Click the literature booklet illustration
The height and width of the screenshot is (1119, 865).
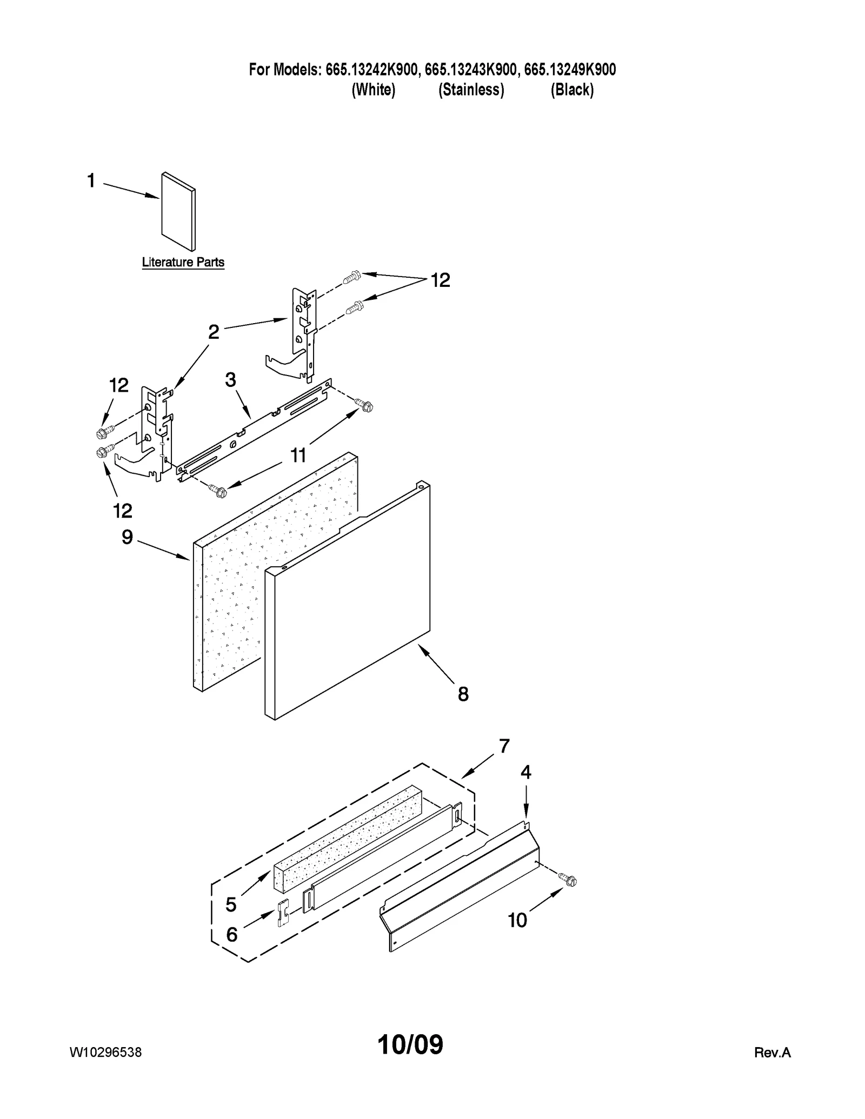[x=178, y=211]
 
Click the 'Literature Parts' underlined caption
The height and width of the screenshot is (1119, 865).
[x=183, y=262]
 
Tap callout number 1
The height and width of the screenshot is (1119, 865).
[x=91, y=180]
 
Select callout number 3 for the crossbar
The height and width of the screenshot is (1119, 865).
[x=230, y=380]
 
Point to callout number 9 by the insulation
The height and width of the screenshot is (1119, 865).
[x=127, y=537]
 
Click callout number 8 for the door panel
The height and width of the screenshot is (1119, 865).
[x=463, y=694]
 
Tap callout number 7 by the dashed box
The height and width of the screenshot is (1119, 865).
[x=504, y=746]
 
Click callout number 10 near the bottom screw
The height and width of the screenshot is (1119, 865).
[x=517, y=920]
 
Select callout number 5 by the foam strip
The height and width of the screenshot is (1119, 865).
[x=231, y=904]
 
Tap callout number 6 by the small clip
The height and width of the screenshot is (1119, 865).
[x=231, y=934]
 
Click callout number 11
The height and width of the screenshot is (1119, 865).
[x=298, y=455]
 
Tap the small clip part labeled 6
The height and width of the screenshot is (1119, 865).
[x=283, y=913]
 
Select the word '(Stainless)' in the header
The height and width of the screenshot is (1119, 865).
[x=471, y=90]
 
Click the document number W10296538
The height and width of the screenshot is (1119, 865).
[x=106, y=1052]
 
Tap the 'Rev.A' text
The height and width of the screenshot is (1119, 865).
[x=772, y=1052]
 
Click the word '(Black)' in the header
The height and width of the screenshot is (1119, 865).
[x=572, y=90]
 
